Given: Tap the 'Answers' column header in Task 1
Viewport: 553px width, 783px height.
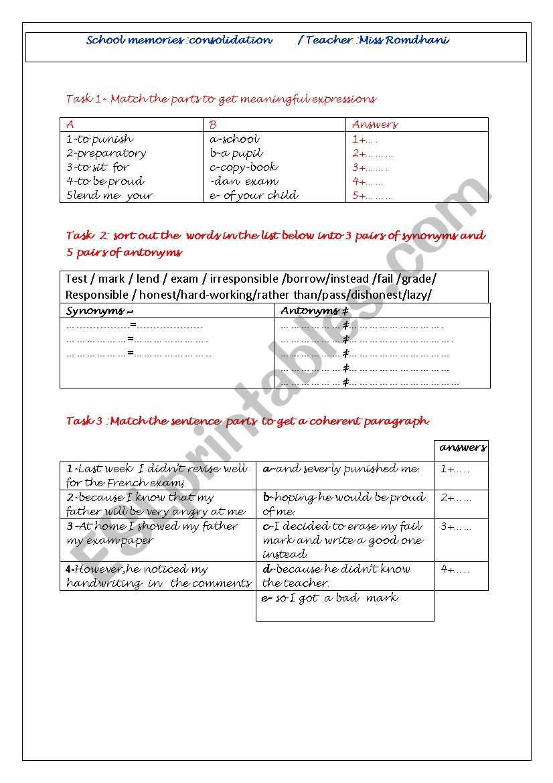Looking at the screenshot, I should (374, 125).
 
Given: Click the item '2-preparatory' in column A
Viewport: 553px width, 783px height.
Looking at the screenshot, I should (106, 153).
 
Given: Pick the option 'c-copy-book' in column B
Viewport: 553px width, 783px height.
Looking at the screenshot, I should (244, 167).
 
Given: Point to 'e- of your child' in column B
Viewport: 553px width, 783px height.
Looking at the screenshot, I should (254, 196).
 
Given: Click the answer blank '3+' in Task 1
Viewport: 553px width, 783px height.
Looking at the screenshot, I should (370, 167).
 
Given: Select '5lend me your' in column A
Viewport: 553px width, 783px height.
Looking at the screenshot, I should (110, 196).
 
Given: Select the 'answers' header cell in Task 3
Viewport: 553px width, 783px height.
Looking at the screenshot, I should (463, 447).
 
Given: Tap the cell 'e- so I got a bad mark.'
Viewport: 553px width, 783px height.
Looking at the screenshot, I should (331, 598).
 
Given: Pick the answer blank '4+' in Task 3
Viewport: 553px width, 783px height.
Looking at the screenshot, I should (455, 570).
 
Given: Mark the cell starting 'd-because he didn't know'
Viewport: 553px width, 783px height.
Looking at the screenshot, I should (337, 576).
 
